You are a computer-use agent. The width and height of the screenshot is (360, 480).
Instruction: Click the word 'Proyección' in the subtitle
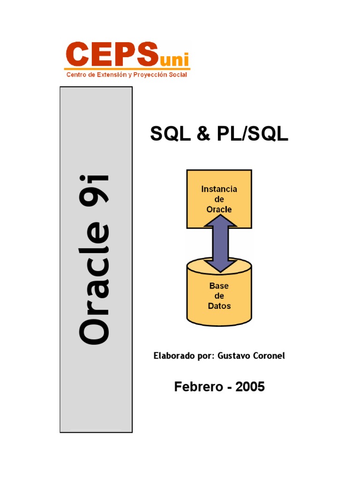(149, 75)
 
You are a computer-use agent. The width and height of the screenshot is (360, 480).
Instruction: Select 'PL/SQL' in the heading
(253, 134)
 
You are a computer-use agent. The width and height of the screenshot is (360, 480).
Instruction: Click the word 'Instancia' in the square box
(219, 189)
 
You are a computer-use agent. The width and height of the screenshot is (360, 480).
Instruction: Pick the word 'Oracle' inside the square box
(219, 209)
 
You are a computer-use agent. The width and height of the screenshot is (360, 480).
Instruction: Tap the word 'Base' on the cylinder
(219, 286)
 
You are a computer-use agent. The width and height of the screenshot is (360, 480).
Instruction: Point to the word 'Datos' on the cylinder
(219, 306)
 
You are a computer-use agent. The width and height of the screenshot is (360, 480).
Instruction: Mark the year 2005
(250, 387)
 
